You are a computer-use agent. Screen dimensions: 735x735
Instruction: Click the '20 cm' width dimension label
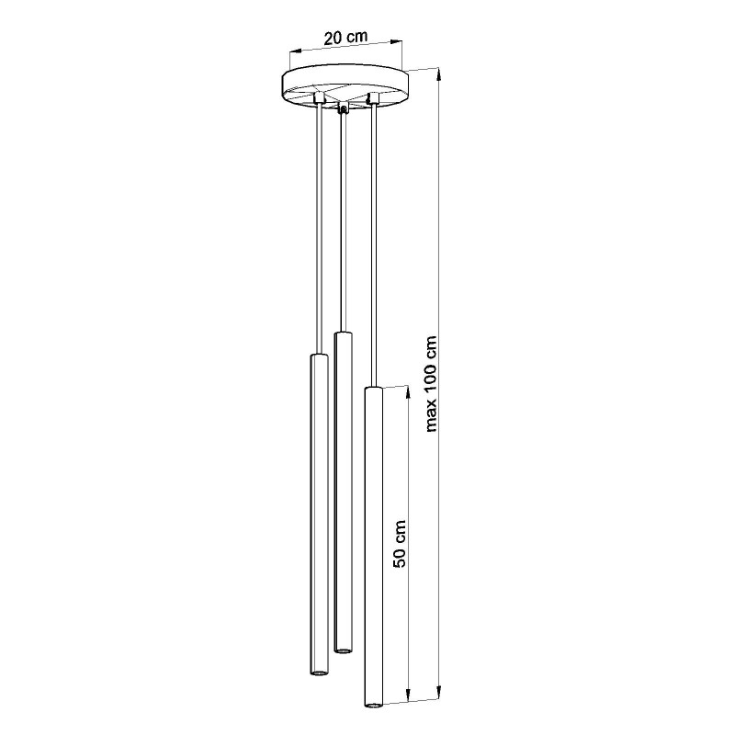tap(345, 38)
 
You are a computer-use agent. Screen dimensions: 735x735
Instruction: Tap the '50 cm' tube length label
tap(400, 544)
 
